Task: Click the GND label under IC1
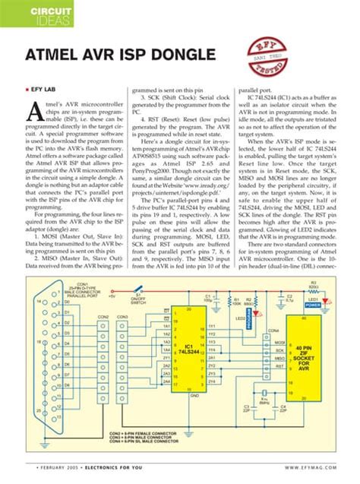(194, 396)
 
